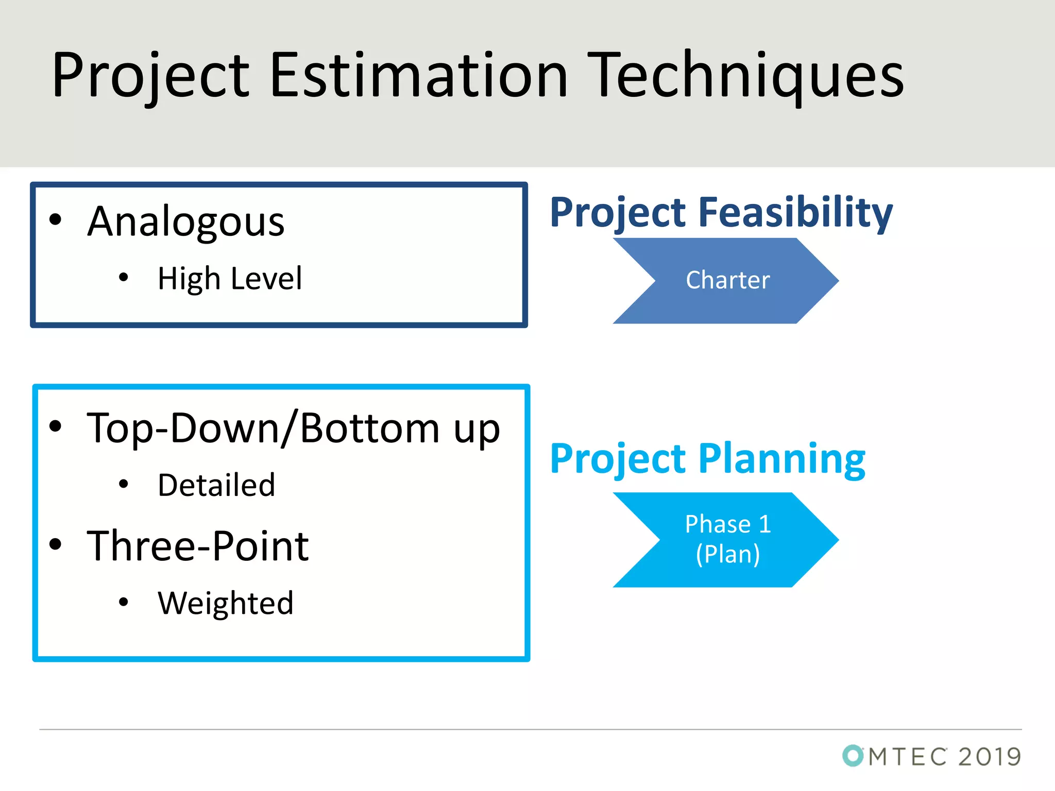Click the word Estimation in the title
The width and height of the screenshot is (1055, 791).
coord(418,75)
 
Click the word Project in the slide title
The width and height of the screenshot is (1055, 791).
coord(150,75)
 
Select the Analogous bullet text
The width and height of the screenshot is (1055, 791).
coord(185,221)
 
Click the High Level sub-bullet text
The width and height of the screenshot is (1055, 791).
coord(230,279)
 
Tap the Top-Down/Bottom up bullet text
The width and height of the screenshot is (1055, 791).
coord(294,428)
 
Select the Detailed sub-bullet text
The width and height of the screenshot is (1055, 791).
coord(216,485)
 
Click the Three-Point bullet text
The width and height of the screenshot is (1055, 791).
coord(198,546)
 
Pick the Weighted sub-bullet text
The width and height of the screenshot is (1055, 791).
coord(226,603)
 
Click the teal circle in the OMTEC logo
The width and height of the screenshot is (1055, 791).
coord(853,755)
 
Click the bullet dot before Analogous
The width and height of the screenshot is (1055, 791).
coord(55,220)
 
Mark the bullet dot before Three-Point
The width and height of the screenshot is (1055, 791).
coord(55,544)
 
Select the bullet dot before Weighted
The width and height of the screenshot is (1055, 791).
coord(123,601)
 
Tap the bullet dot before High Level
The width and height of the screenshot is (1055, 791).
coord(123,278)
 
